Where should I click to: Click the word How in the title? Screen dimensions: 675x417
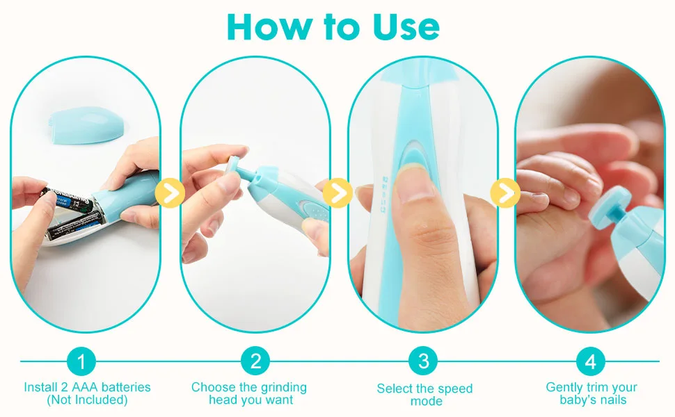tap(269, 26)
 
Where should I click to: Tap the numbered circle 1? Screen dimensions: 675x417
tap(81, 361)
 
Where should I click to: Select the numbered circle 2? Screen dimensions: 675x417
tap(255, 361)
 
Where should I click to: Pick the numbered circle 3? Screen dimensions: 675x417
tap(424, 361)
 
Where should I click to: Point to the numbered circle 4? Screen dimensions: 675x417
tap(591, 361)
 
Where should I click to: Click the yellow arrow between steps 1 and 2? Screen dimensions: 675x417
tap(170, 193)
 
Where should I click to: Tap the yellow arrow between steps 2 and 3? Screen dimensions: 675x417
tap(338, 193)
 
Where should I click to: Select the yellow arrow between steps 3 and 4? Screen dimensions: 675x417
tap(505, 193)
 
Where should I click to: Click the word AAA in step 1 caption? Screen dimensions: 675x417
tap(85, 387)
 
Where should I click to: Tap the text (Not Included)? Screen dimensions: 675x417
tap(87, 400)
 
